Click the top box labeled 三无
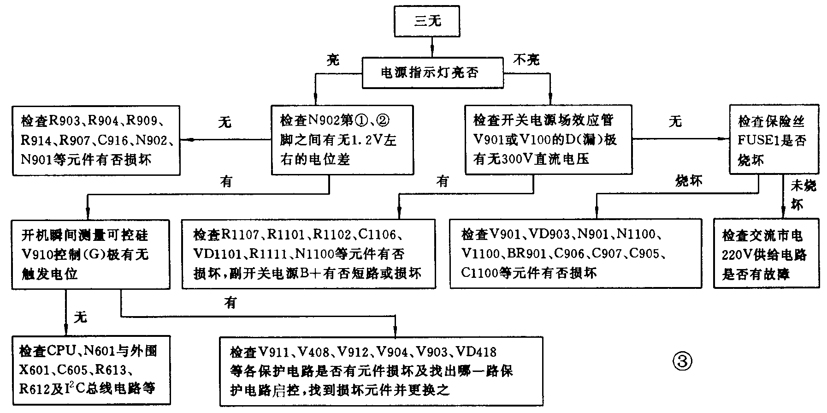427,21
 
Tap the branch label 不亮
526,60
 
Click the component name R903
64,121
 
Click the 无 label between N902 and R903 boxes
224,122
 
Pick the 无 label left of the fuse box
675,121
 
